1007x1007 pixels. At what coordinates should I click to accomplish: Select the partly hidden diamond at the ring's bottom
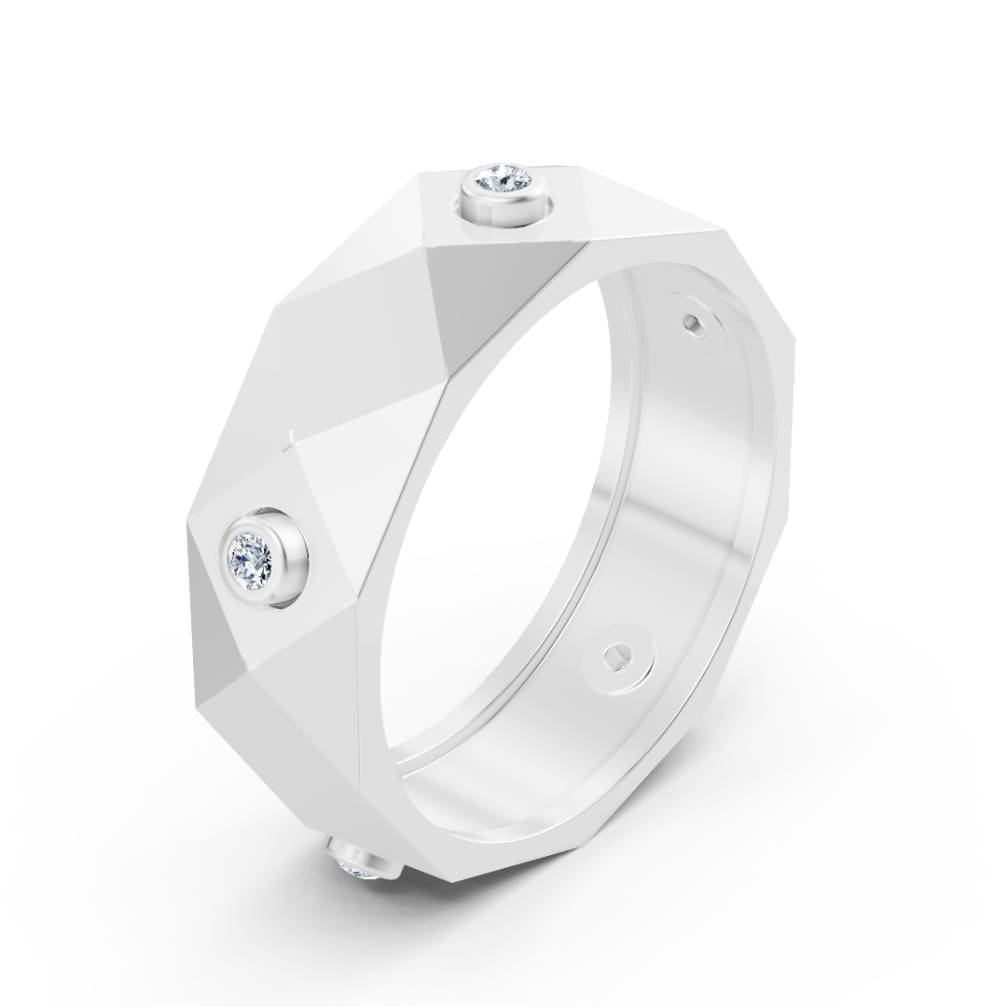point(358,868)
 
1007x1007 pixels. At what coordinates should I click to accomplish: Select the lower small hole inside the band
point(614,656)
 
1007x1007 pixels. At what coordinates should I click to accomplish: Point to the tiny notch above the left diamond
point(292,434)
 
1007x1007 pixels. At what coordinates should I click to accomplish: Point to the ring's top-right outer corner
point(724,227)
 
